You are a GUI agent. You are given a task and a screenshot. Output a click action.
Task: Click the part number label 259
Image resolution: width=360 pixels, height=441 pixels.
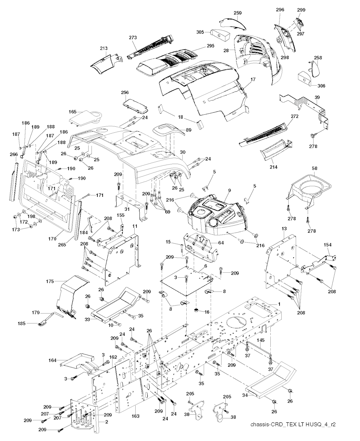(x=238, y=13)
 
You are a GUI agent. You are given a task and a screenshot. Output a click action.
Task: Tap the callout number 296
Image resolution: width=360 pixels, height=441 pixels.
(x=280, y=10)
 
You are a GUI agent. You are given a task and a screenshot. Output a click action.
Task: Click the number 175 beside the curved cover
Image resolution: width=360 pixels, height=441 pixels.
(x=50, y=281)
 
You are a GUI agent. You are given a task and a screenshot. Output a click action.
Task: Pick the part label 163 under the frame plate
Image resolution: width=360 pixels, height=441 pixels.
(x=136, y=416)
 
